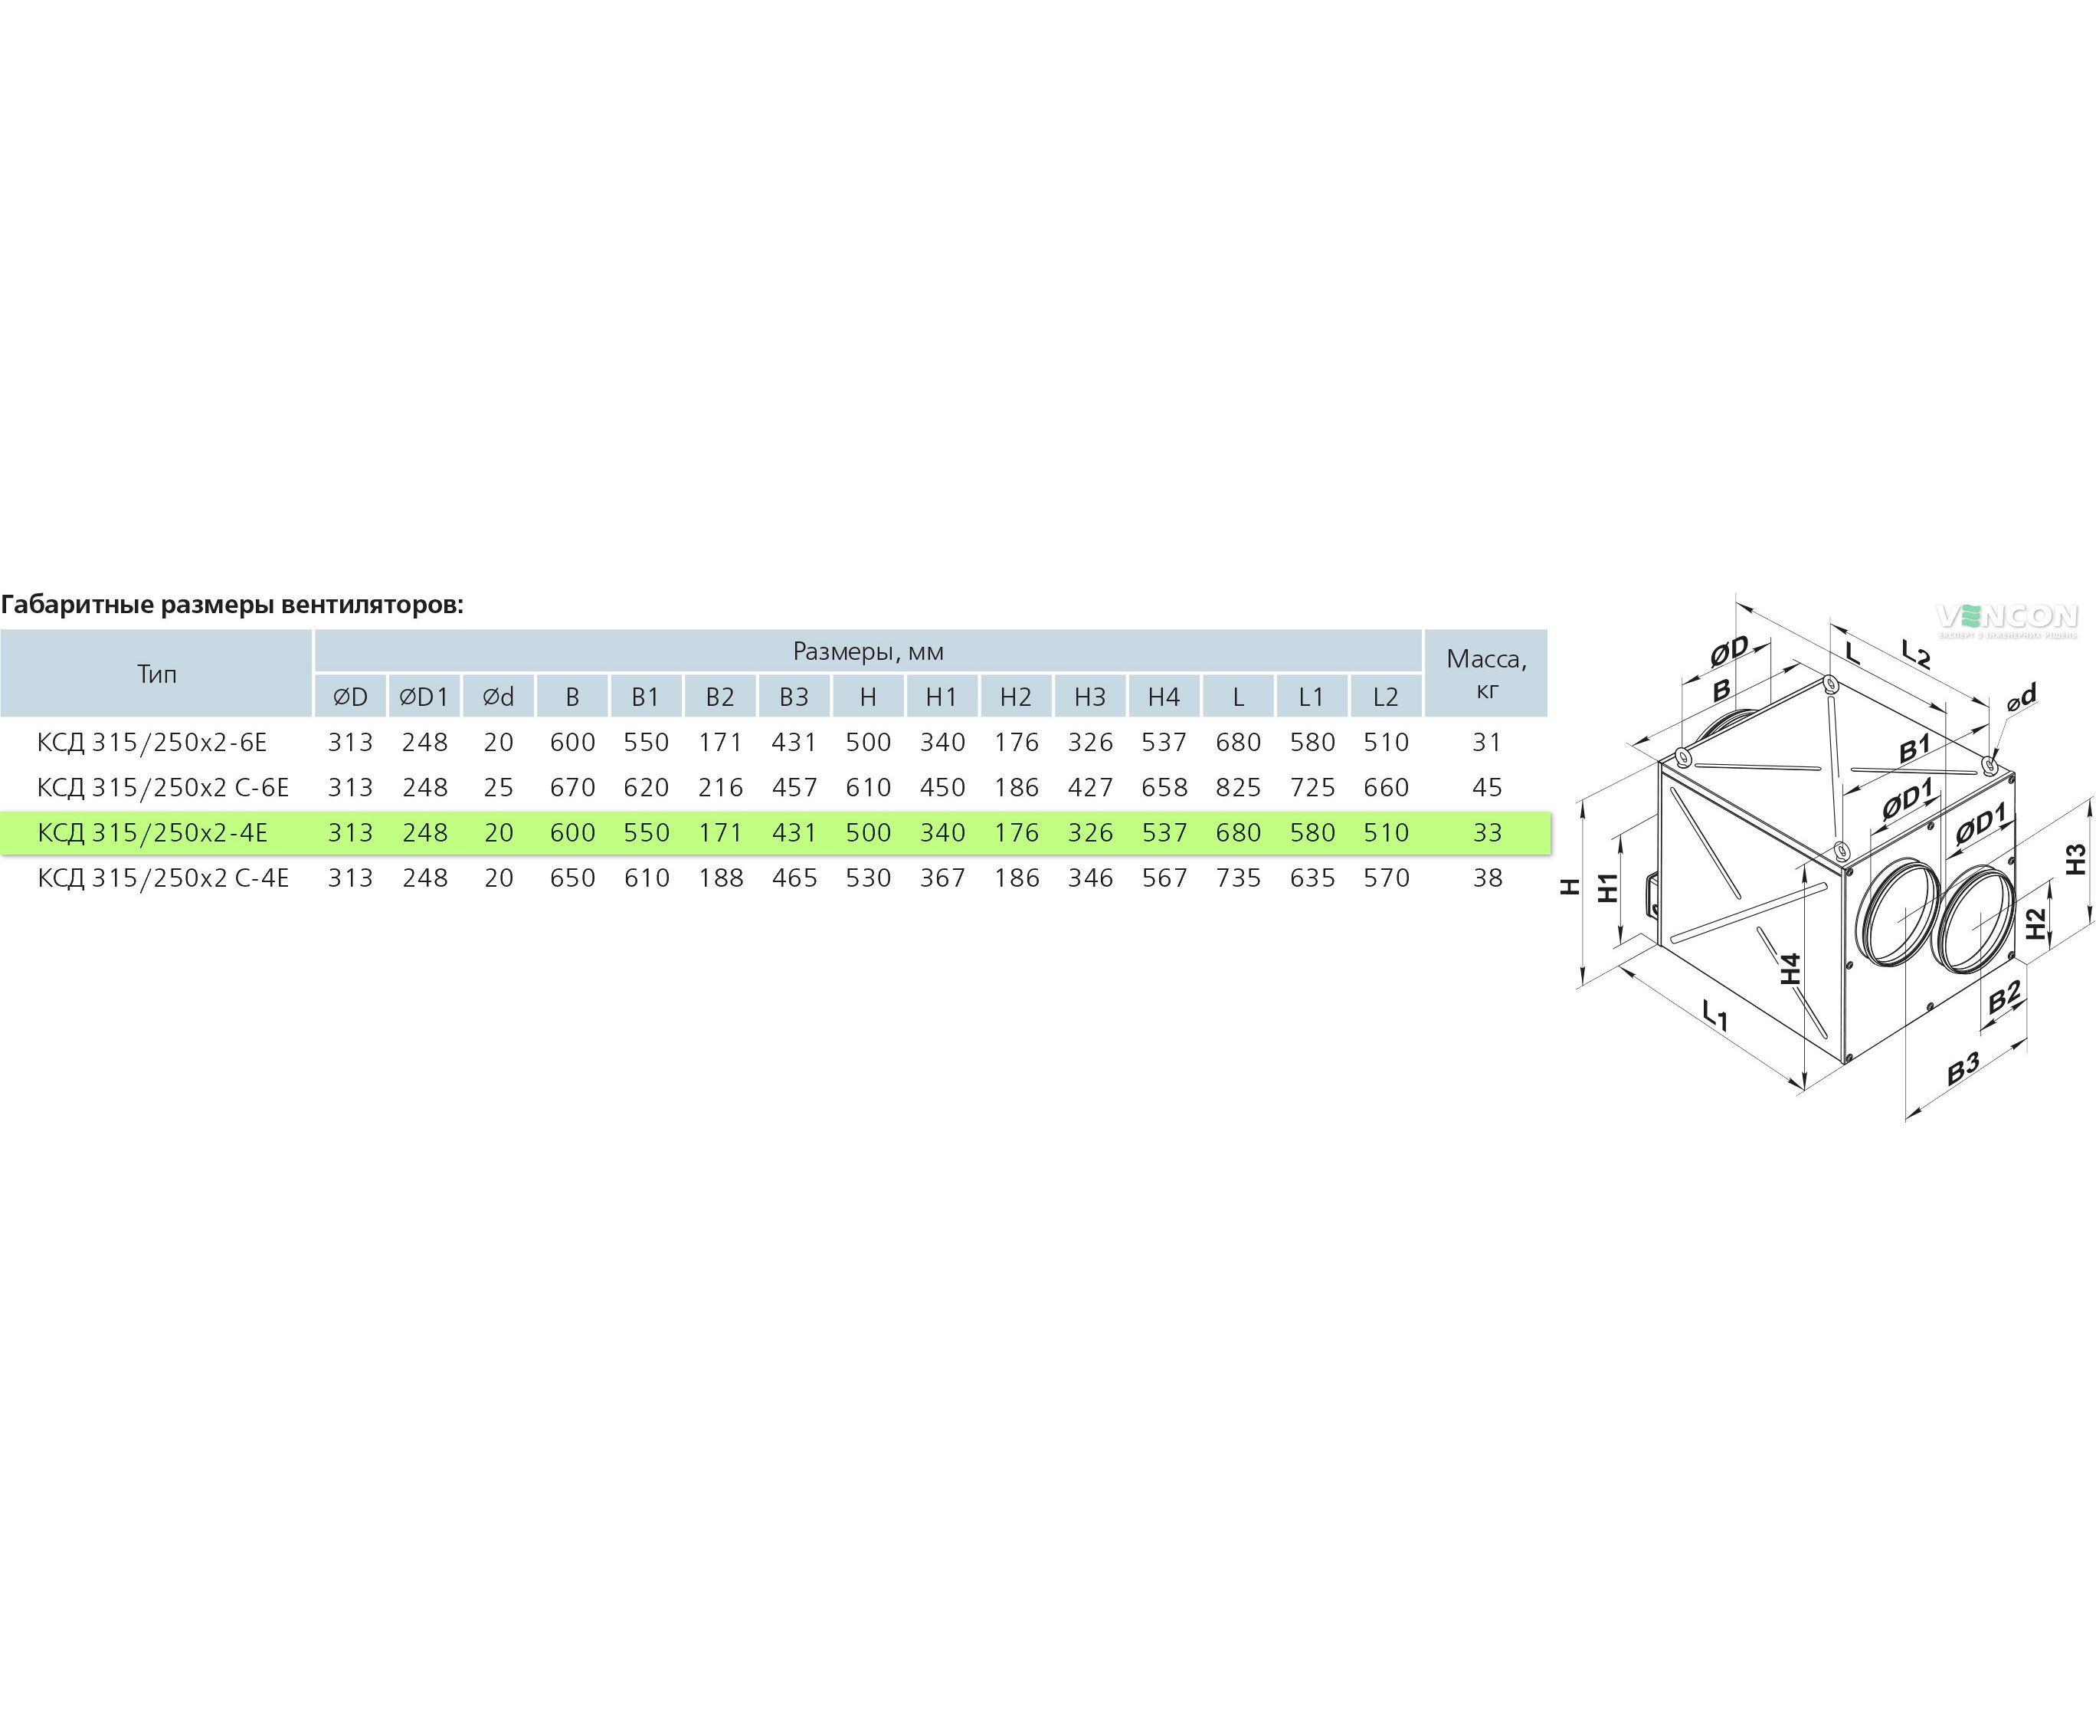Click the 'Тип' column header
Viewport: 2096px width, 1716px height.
(x=156, y=674)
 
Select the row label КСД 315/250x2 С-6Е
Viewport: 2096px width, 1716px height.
(x=163, y=788)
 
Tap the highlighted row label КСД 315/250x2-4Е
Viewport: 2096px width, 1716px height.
(x=152, y=833)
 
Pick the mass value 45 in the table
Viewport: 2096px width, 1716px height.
(x=1486, y=788)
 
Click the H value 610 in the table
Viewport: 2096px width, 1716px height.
(x=868, y=788)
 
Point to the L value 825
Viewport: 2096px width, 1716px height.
(x=1238, y=788)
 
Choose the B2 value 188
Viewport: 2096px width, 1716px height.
(x=720, y=878)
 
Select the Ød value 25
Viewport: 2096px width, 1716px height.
(x=498, y=788)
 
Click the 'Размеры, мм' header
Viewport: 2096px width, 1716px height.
(x=868, y=651)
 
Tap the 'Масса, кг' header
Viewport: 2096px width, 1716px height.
(x=1486, y=674)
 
